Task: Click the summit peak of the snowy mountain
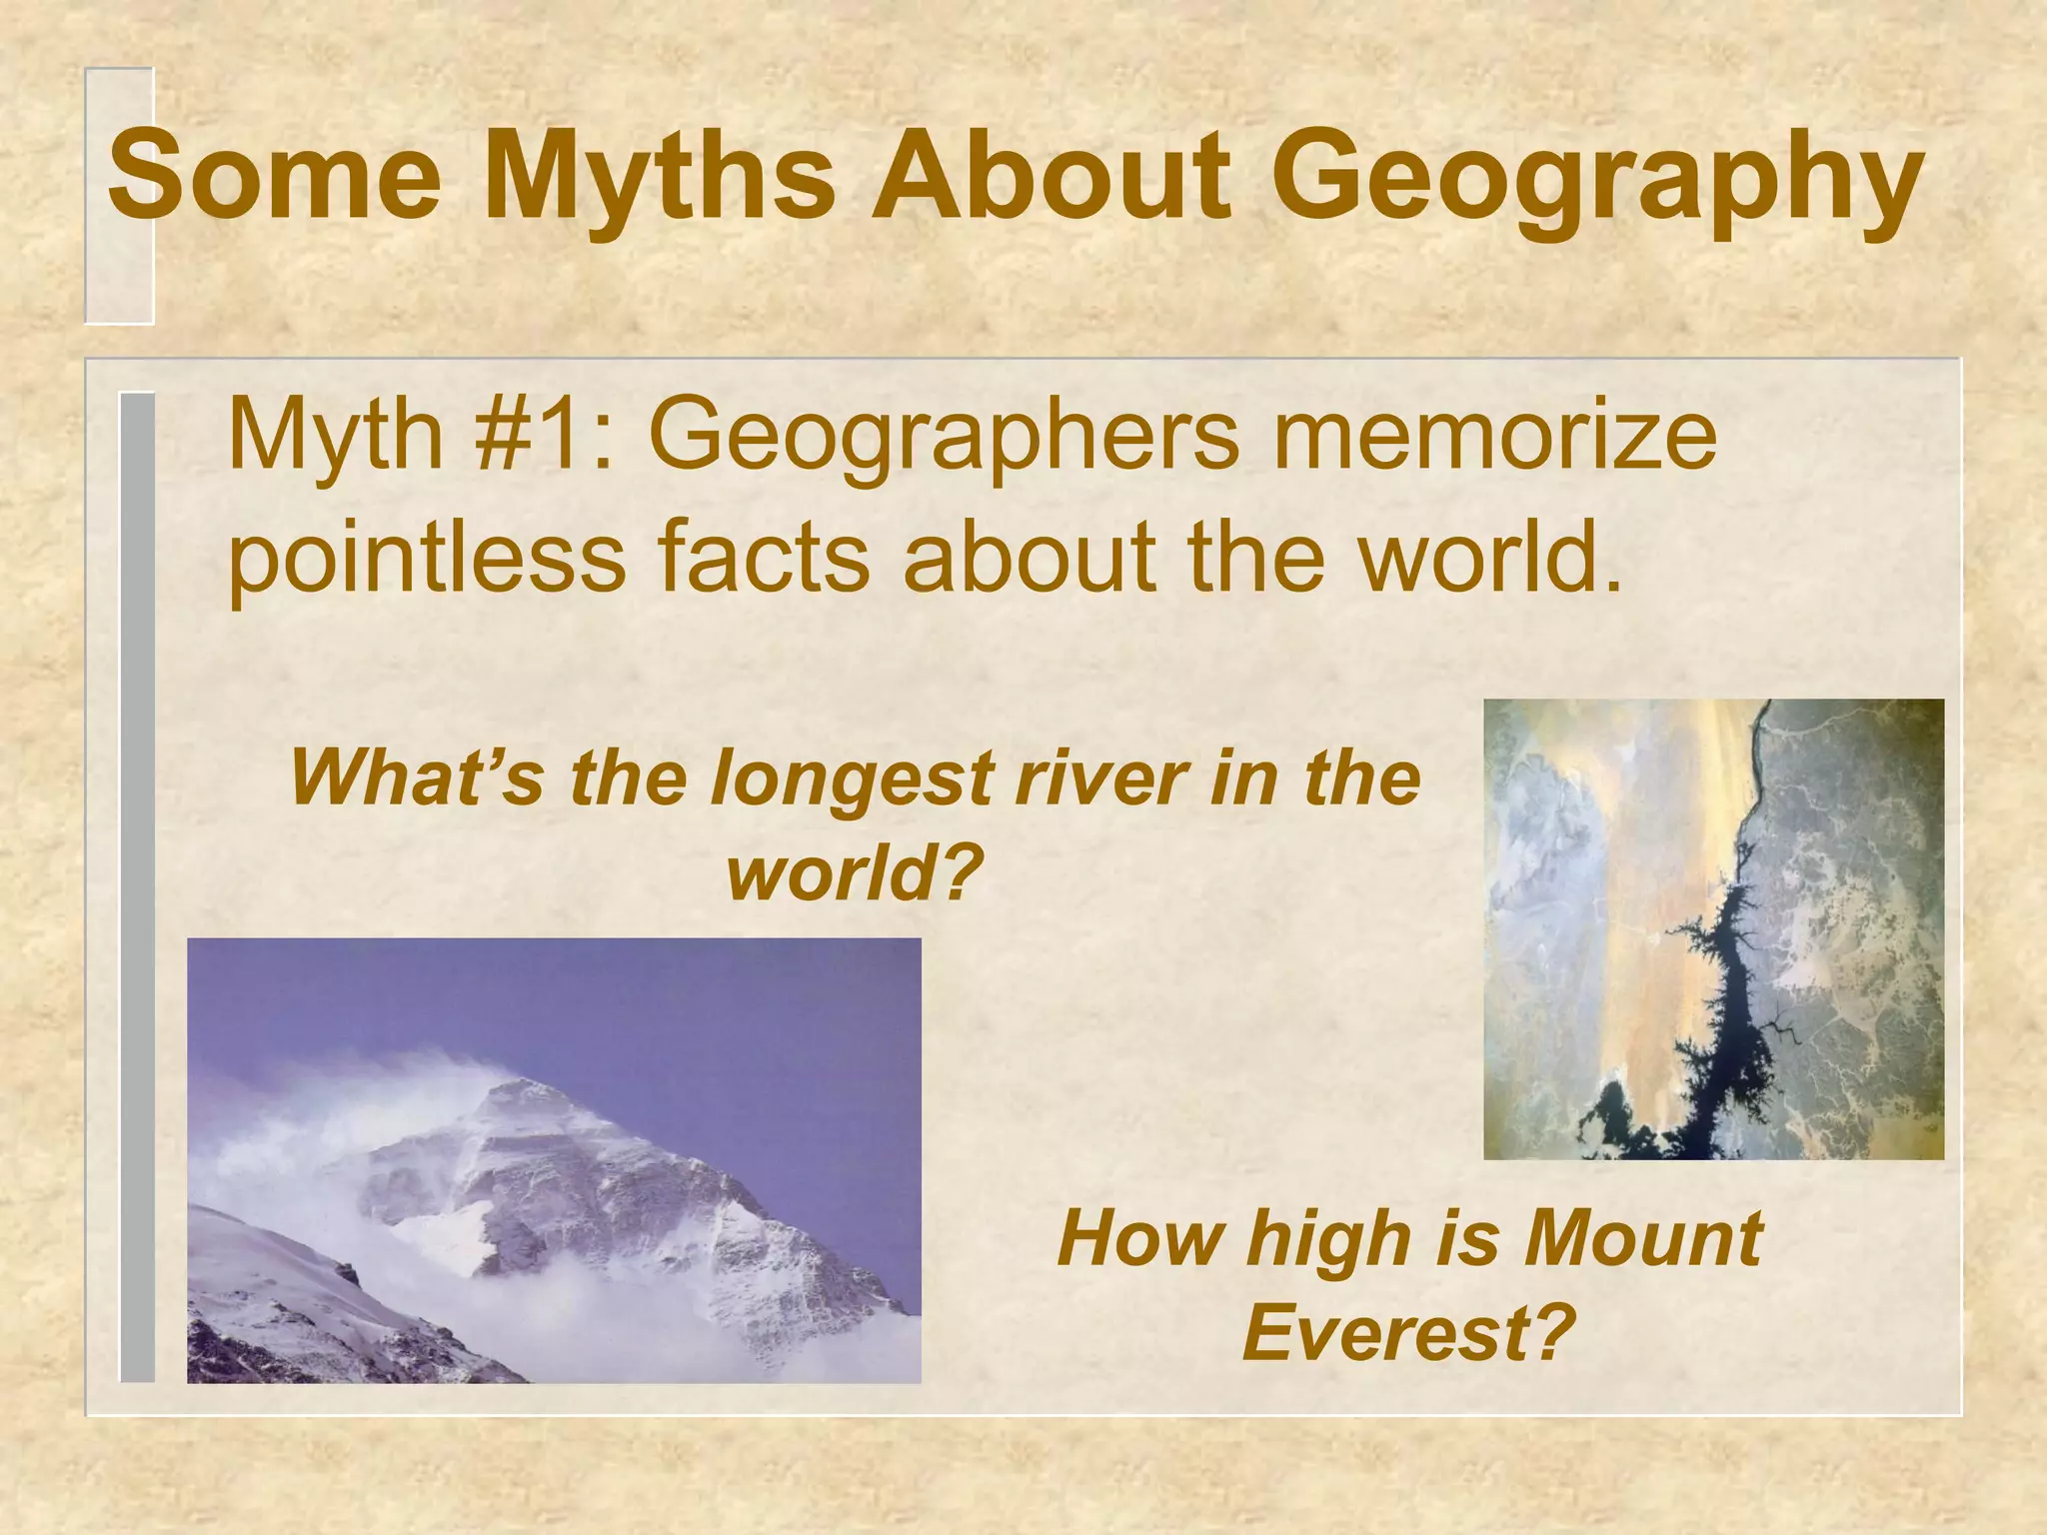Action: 519,1083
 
